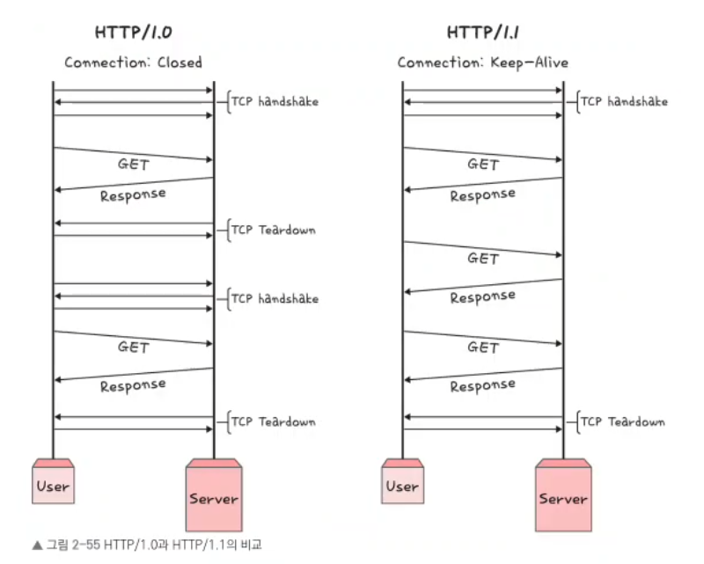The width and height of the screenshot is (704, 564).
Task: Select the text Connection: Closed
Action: coord(133,62)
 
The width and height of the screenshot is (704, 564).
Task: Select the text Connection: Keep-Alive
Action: coord(482,62)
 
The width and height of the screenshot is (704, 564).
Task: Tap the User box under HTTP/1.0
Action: coord(53,484)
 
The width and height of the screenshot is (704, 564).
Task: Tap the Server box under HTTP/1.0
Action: coord(214,497)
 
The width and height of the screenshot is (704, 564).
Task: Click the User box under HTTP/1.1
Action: coord(402,484)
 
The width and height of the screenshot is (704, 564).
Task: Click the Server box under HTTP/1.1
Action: coord(563,497)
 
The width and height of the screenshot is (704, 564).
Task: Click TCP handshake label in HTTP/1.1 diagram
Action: coord(624,101)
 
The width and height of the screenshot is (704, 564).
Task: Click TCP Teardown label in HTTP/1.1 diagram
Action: coord(623,421)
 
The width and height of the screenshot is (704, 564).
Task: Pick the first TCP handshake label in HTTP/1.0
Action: coord(275,101)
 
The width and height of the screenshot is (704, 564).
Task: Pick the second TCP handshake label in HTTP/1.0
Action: coord(275,298)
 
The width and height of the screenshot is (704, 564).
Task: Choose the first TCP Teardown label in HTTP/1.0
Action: coord(273,230)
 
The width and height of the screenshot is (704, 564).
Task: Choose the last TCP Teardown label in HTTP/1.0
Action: coord(273,421)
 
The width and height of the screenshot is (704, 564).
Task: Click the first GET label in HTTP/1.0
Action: coord(134,165)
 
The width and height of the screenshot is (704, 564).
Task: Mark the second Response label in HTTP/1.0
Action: coord(132,385)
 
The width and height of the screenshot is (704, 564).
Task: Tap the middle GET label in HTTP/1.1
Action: coord(483,259)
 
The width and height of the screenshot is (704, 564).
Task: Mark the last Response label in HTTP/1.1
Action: coord(482,385)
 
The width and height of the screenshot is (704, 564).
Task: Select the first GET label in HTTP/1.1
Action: coord(483,165)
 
